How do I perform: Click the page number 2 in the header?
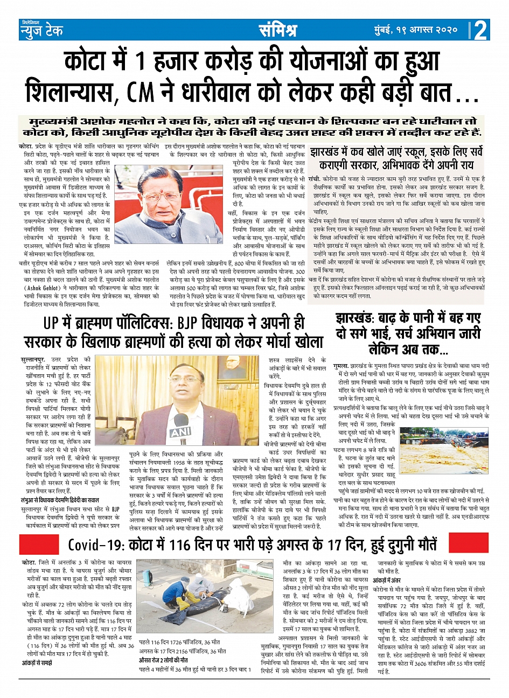click(x=480, y=30)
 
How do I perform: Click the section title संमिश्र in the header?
click(x=277, y=30)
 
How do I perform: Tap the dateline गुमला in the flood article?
click(x=340, y=365)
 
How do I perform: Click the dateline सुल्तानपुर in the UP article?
click(x=33, y=359)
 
